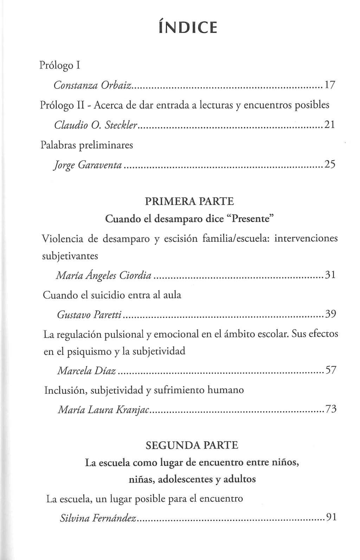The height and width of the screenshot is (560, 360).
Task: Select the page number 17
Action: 330,85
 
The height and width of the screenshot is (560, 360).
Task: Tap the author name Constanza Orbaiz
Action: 93,85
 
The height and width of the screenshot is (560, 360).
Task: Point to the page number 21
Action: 329,125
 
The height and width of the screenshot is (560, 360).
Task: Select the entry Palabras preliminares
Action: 87,145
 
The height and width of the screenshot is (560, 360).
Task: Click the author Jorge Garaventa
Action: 88,165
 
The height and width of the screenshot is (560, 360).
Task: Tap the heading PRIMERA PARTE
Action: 189,202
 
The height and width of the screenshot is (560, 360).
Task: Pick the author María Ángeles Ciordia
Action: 104,275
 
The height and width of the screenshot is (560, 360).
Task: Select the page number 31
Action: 330,274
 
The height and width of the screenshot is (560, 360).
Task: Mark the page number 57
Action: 330,370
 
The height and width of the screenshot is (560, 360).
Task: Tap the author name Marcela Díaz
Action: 86,371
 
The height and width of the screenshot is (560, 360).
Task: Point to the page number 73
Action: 331,409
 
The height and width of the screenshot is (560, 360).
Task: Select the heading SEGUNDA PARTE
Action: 192,445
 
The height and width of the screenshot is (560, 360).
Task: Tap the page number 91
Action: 331,517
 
